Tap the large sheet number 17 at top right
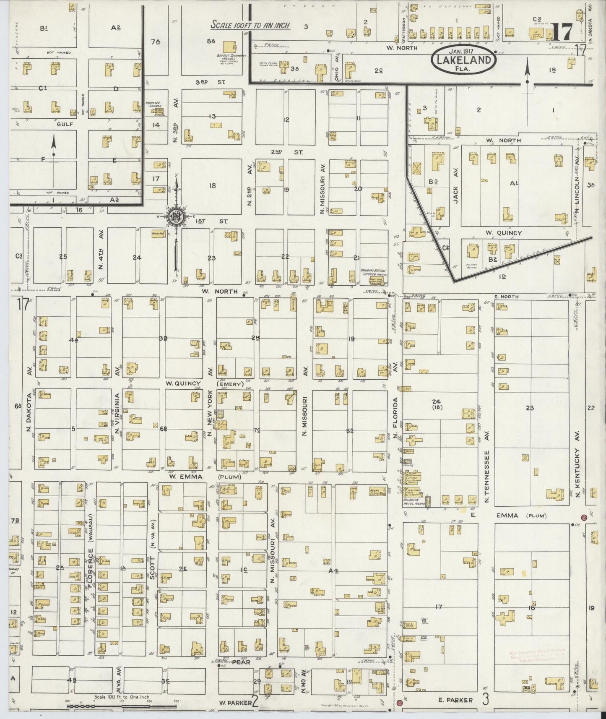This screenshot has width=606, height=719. pyautogui.click(x=562, y=32)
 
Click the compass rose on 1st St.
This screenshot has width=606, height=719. pyautogui.click(x=177, y=217)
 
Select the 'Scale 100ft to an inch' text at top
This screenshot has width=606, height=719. pyautogui.click(x=251, y=25)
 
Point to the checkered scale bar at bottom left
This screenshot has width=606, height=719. pyautogui.click(x=96, y=707)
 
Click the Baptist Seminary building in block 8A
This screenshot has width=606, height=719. pyautogui.click(x=229, y=47)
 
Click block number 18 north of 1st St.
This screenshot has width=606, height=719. pyautogui.click(x=212, y=185)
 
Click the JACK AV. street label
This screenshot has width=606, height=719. pyautogui.click(x=456, y=191)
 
